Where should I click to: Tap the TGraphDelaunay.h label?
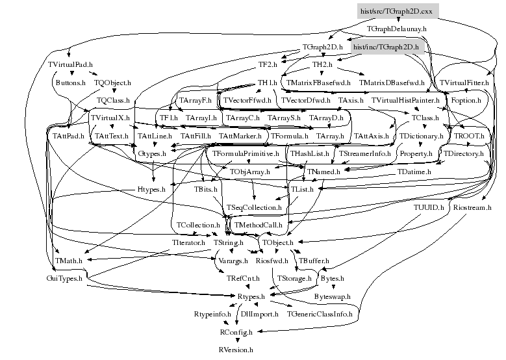point(396,29)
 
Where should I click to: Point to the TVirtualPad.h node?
point(70,65)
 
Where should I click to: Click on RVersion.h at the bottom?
point(235,350)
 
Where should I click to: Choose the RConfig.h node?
point(234,331)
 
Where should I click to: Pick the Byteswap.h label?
point(332,296)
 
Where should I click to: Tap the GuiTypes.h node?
point(67,278)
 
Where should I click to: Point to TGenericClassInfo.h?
point(320,314)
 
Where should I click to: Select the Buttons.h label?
point(70,83)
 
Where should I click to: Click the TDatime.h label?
point(414,172)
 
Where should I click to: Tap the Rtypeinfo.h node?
point(212,314)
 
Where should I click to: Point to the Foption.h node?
point(466,101)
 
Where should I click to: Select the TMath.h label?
point(68,260)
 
